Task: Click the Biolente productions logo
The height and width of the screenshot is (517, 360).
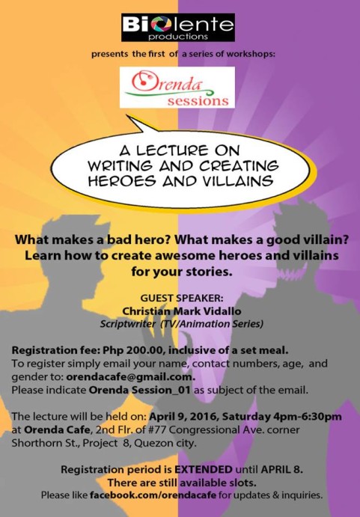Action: tap(178, 28)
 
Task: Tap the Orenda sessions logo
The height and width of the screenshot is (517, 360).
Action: tap(177, 88)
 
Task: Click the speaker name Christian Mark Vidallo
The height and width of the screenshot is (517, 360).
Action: tap(181, 311)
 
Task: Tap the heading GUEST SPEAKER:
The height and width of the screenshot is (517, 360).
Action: tap(182, 298)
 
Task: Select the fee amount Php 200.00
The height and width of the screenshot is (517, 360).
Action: tap(134, 350)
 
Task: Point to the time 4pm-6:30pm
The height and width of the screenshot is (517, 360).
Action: tap(307, 417)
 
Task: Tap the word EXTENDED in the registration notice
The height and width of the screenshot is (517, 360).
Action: tap(204, 469)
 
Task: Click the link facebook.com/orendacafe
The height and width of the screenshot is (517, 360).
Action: tap(153, 495)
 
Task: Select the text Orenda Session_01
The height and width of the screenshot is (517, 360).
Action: tap(140, 390)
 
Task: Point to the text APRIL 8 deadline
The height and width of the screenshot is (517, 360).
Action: tap(282, 469)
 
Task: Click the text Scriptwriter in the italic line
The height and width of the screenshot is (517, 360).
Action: tap(128, 324)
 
